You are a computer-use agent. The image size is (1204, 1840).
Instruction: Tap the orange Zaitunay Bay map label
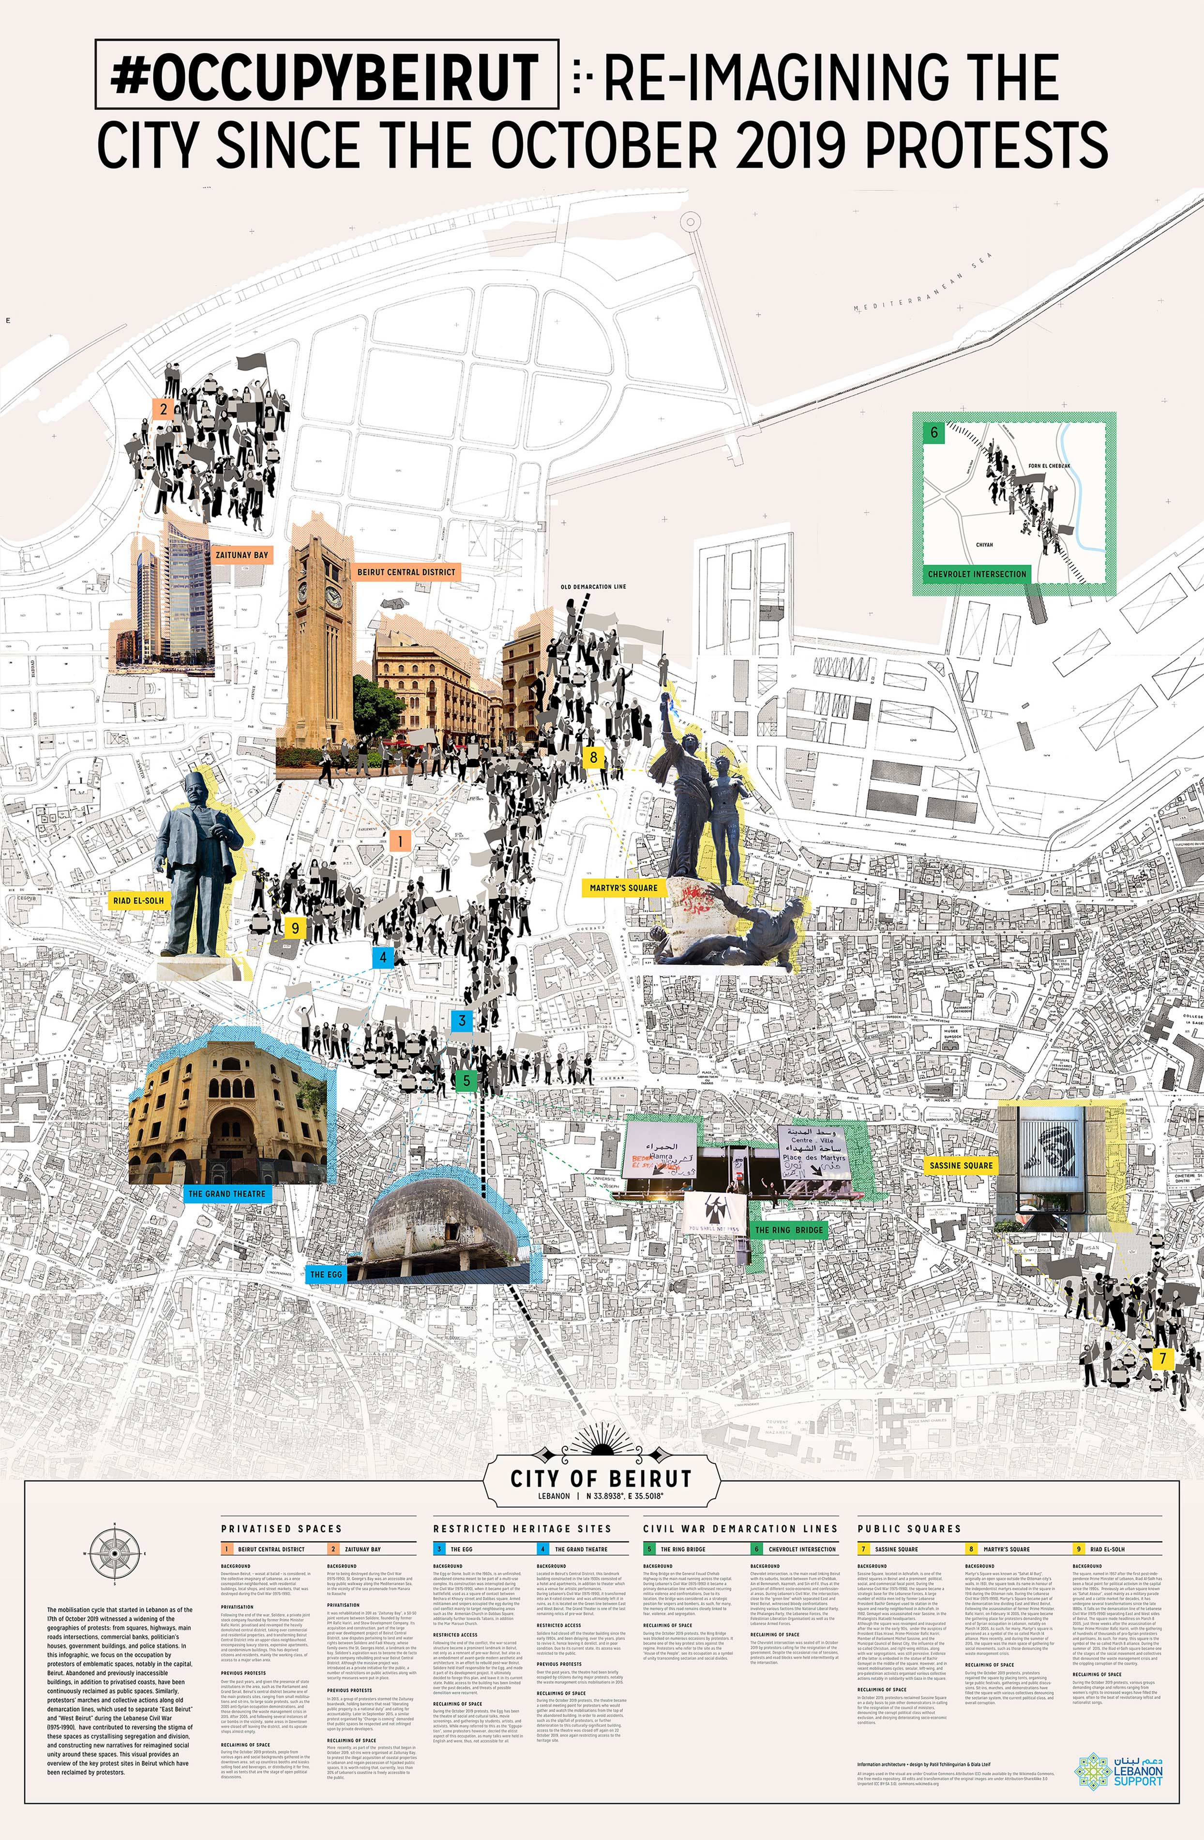click(242, 554)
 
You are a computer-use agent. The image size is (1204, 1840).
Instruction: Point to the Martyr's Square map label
click(624, 888)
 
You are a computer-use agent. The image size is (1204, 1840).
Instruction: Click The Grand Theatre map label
click(226, 1194)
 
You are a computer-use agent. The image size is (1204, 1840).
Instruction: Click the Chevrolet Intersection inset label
click(977, 574)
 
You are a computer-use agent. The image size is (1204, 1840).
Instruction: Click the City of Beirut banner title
click(601, 1479)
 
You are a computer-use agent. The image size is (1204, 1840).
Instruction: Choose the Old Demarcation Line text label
click(593, 587)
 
